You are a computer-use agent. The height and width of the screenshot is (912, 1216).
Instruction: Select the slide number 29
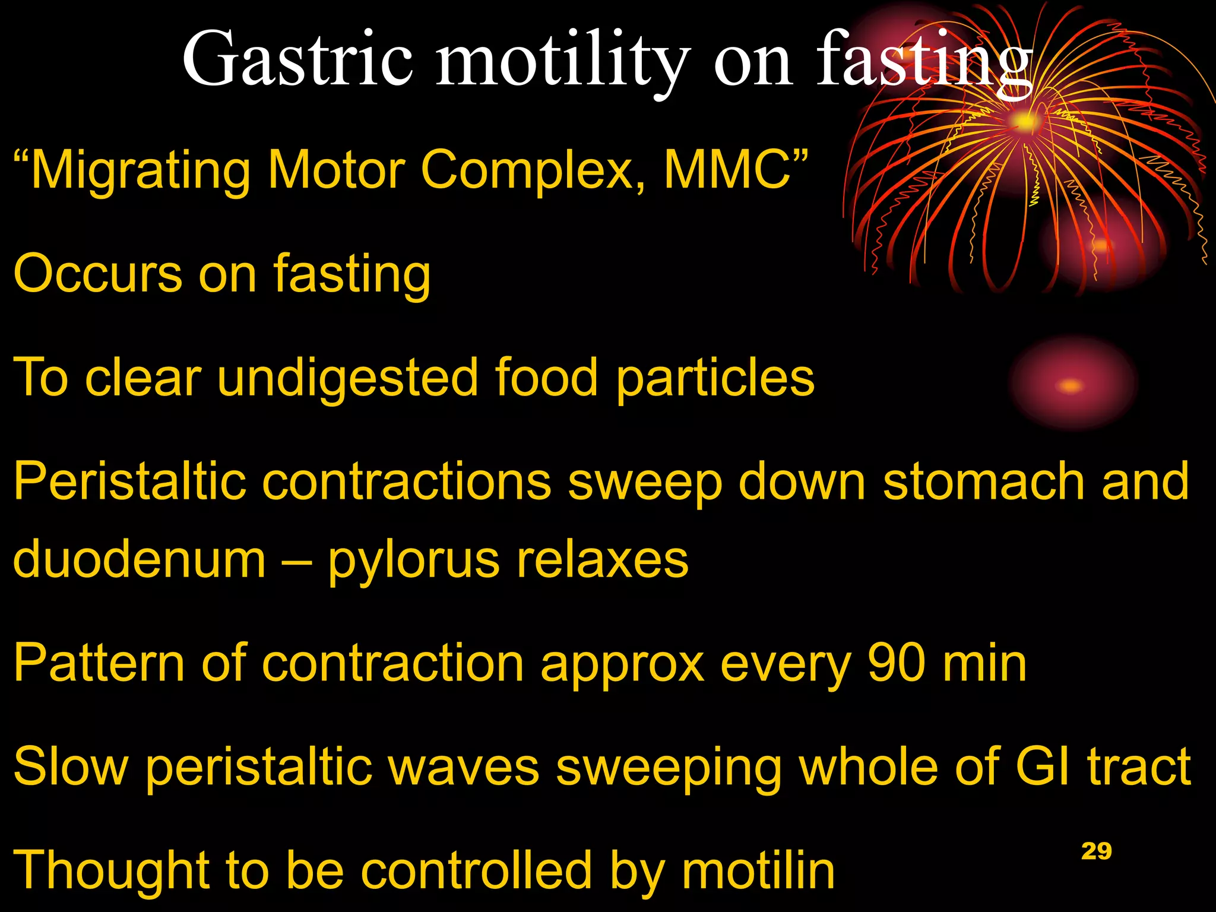point(1096,851)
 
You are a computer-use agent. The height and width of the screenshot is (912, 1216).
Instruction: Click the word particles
point(715,379)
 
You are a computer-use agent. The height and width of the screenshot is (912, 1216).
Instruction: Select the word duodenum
point(139,559)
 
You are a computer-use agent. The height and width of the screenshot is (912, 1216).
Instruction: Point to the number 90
point(897,663)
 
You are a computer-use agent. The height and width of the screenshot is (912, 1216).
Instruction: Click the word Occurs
point(97,274)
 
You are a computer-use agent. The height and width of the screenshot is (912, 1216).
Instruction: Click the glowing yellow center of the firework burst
point(1024,122)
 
